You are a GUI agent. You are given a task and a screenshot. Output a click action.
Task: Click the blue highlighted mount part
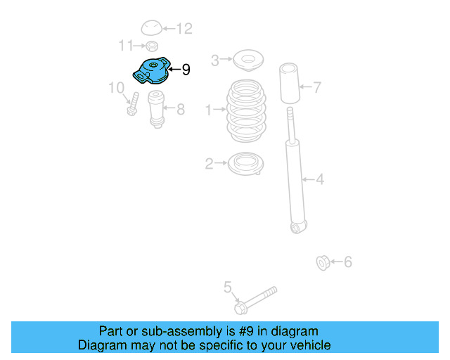pyautogui.click(x=151, y=72)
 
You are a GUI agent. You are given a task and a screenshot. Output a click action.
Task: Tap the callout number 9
pyautogui.click(x=186, y=70)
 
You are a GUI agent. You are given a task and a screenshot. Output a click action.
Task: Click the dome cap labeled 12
pyautogui.click(x=151, y=28)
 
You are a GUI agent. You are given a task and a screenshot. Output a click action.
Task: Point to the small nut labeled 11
pyautogui.click(x=150, y=46)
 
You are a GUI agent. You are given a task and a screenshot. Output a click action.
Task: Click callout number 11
pyautogui.click(x=125, y=46)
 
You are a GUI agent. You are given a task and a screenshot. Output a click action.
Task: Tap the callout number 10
pyautogui.click(x=115, y=88)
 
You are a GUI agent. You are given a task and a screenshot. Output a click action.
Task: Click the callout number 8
pyautogui.click(x=181, y=110)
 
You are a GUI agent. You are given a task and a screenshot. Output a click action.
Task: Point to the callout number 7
pyautogui.click(x=317, y=88)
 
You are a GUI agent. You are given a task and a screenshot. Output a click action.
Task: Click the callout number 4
pyautogui.click(x=320, y=180)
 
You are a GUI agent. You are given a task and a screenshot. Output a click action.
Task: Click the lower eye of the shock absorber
pyautogui.click(x=298, y=227)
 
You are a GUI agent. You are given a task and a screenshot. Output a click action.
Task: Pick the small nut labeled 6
pyautogui.click(x=323, y=264)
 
